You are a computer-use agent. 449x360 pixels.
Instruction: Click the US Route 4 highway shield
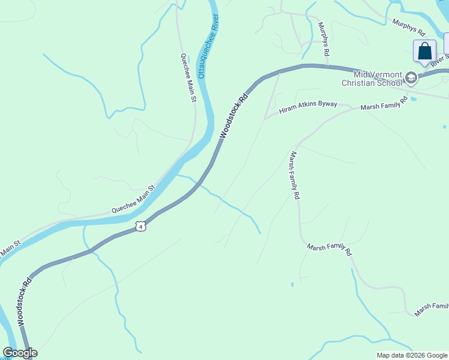[140, 226]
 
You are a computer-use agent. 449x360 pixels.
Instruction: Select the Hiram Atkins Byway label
[308, 106]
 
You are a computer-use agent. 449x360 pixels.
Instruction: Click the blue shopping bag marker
[424, 52]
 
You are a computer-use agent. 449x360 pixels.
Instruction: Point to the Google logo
[20, 353]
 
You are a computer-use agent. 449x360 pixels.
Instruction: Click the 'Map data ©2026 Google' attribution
[412, 355]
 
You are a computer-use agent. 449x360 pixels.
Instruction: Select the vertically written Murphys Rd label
[324, 40]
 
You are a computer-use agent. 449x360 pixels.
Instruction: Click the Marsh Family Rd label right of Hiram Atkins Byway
[384, 103]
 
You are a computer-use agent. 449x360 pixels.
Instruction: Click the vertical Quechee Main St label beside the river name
[188, 77]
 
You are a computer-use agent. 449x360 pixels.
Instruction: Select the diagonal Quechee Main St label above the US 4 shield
[133, 200]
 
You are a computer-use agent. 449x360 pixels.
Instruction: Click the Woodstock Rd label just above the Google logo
[24, 302]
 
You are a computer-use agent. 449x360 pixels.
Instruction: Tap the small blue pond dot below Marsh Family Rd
[292, 284]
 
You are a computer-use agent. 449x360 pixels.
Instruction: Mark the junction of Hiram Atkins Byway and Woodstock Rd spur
[265, 117]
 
